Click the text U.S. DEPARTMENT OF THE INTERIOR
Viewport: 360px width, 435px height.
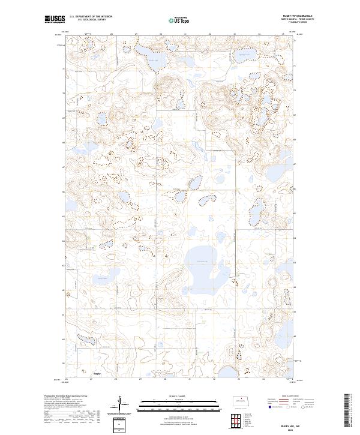pos(91,16)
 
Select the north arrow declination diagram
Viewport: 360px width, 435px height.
pos(124,406)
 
